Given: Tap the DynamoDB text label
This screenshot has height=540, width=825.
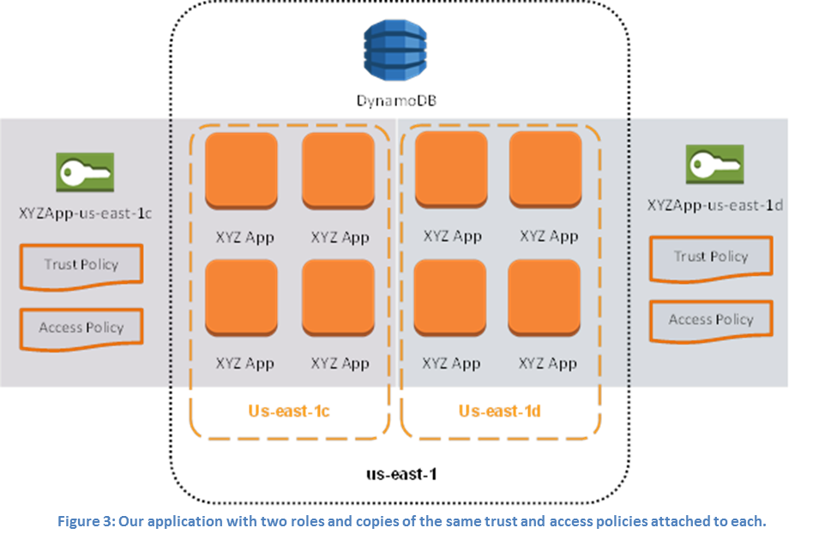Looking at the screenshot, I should tap(396, 101).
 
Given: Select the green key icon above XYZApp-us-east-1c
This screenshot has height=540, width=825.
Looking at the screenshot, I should tap(84, 171).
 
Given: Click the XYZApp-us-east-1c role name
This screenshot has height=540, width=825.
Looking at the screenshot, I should tap(85, 213).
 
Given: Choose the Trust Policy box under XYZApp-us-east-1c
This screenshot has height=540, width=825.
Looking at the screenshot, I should tap(81, 266).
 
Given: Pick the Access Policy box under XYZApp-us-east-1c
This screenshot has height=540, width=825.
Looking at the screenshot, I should tap(81, 327).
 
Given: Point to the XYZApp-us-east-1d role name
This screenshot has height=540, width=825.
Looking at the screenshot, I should tap(715, 205).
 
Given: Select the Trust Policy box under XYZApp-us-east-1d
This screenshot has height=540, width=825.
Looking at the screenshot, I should tap(711, 257).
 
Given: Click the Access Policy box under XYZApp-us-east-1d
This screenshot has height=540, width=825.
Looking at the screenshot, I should tap(711, 320).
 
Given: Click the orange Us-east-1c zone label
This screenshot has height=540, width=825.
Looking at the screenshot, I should tap(289, 411).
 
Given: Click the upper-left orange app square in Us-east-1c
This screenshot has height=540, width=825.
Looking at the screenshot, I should tap(242, 169).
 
